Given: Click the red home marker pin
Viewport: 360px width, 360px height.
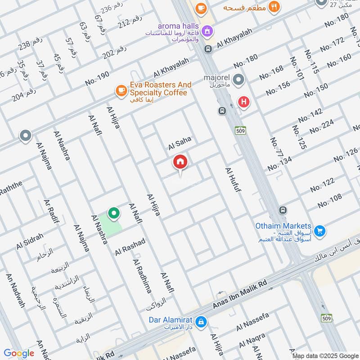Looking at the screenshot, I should tap(180, 162).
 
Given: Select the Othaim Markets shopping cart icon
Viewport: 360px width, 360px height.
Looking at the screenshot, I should tap(320, 231).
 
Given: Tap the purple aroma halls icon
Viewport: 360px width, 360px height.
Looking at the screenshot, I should tap(207, 31).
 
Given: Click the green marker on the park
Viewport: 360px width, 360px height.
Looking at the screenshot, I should tap(114, 213).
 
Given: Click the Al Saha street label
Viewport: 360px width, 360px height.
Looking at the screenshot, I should tap(180, 144).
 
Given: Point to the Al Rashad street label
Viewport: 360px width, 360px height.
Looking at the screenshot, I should tap(130, 247).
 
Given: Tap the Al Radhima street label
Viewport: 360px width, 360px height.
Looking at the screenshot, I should tap(142, 276).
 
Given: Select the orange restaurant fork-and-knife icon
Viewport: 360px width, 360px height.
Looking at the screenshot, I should tap(273, 7).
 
